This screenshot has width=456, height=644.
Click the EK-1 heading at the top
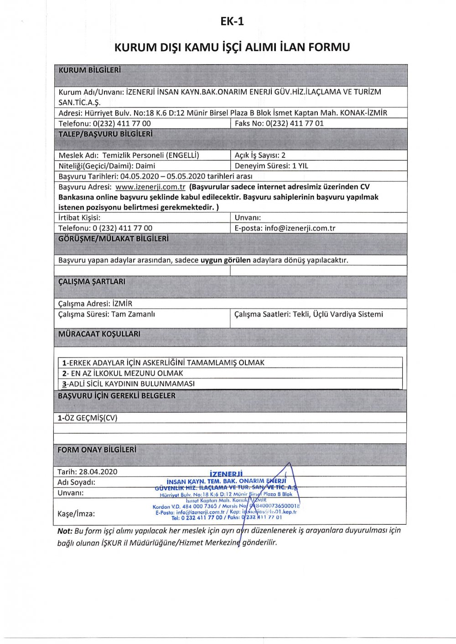[232, 21]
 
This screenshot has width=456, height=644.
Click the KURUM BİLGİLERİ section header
[89, 70]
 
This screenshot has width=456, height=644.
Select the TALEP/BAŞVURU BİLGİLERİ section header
[105, 134]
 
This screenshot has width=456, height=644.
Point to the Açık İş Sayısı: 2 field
[260, 155]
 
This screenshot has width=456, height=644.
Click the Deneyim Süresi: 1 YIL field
[271, 166]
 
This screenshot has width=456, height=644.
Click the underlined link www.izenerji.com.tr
[150, 187]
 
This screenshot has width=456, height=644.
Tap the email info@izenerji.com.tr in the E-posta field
[300, 228]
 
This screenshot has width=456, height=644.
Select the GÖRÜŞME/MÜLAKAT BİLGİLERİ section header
[113, 239]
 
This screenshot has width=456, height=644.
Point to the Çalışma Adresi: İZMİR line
[95, 303]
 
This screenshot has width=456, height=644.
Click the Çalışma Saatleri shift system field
[308, 314]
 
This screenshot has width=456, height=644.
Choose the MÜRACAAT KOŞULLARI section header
[99, 334]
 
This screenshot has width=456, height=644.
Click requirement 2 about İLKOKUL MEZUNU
[123, 373]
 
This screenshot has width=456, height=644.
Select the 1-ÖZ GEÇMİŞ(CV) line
[88, 418]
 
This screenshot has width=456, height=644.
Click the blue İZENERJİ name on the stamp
[226, 474]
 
